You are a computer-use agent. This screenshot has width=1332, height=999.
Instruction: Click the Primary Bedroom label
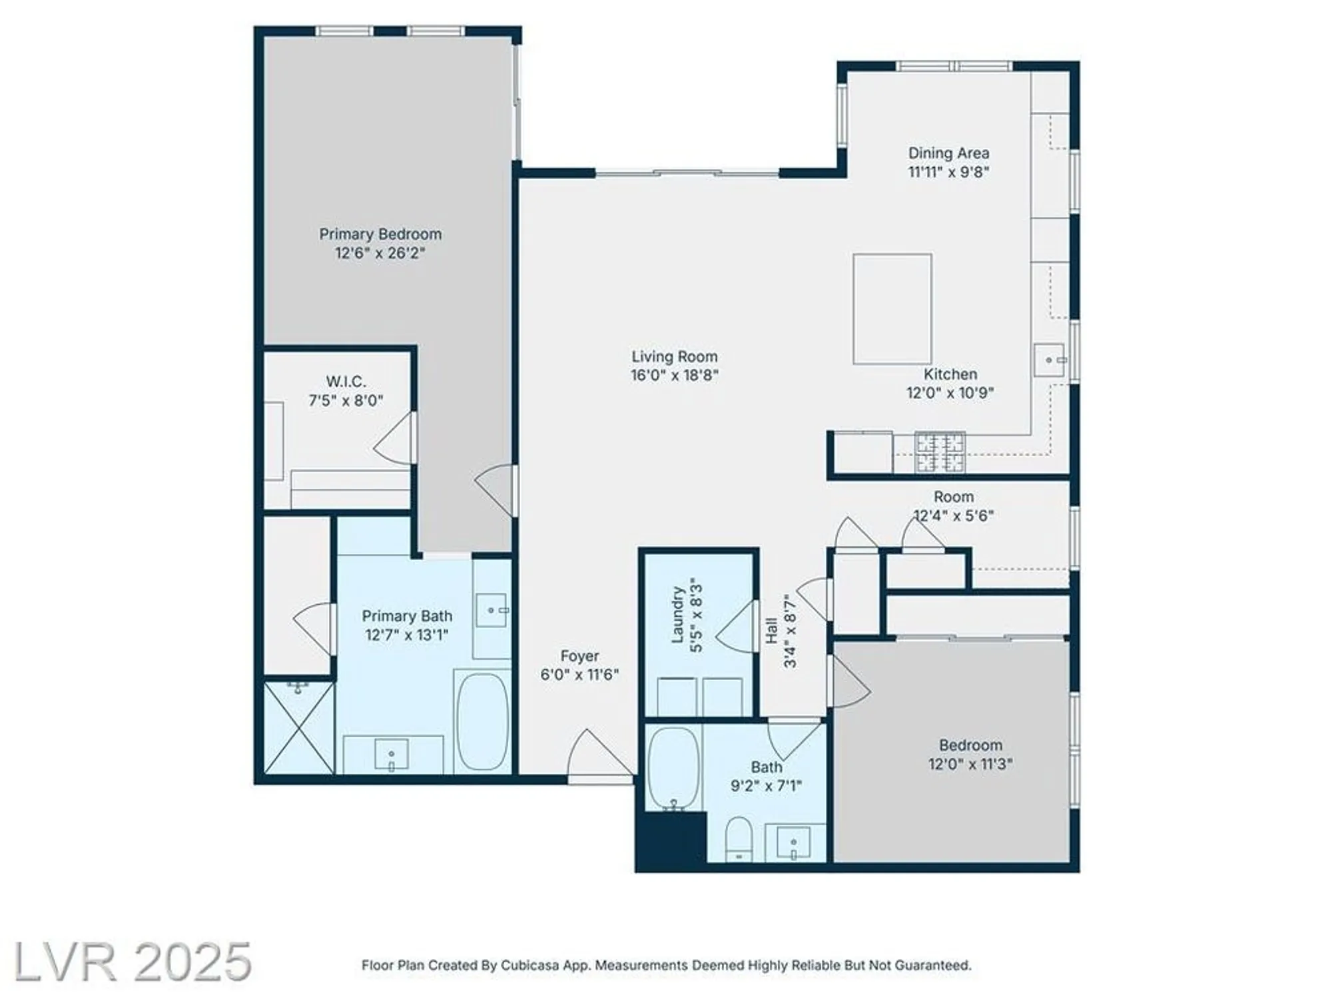[x=380, y=234]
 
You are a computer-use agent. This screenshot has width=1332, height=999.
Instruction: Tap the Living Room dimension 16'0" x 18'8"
[x=674, y=376]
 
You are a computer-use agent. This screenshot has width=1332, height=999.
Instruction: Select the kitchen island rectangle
[x=892, y=308]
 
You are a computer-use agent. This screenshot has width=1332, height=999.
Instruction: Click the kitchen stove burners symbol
[x=939, y=452]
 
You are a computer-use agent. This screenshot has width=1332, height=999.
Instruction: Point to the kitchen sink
[x=1049, y=360]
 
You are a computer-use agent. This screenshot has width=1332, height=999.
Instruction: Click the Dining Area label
[x=948, y=153]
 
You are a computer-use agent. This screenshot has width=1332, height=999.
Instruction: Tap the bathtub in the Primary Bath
[x=482, y=721]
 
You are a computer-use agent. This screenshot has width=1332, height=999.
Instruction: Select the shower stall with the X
[x=299, y=727]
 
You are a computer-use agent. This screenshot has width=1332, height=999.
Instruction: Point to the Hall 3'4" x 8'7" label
[x=780, y=630]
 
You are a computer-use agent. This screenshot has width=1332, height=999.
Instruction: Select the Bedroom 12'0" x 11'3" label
[x=970, y=754]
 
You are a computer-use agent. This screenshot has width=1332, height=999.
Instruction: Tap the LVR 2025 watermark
[x=132, y=962]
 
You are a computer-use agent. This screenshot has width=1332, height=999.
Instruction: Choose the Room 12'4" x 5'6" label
[x=953, y=505]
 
